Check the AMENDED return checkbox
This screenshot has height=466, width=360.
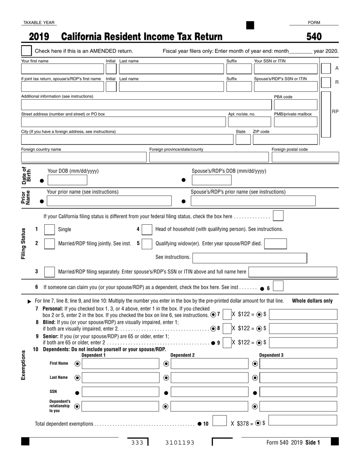click(x=27, y=51)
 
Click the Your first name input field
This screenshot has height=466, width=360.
click(x=62, y=69)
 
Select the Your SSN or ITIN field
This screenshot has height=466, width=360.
click(x=285, y=69)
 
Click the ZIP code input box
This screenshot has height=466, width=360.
click(x=285, y=139)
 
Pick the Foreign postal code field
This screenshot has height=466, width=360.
click(x=305, y=157)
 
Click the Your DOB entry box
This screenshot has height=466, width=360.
click(x=67, y=180)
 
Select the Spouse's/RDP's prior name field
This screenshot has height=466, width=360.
click(x=253, y=201)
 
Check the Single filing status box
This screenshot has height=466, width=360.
click(x=50, y=230)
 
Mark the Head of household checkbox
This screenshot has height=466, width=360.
click(x=147, y=230)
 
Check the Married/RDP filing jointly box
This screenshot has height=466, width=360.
click(x=50, y=244)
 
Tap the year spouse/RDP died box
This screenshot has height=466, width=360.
click(x=275, y=244)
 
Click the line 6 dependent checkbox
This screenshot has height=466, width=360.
click(x=278, y=286)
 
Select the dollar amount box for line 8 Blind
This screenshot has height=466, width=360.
click(x=303, y=328)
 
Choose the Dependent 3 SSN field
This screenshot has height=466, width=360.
click(x=299, y=392)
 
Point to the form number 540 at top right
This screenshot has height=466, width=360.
click(x=314, y=37)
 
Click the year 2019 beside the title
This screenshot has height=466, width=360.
click(x=39, y=37)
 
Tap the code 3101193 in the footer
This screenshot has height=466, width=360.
click(x=180, y=442)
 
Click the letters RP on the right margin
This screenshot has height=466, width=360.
click(x=335, y=111)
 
